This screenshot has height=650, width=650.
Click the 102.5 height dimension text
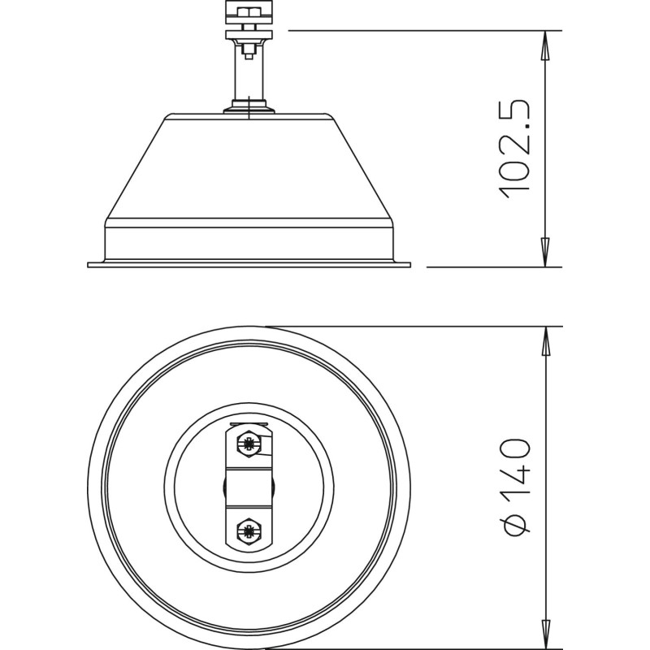click(515, 149)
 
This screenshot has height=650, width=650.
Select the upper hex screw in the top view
click(249, 444)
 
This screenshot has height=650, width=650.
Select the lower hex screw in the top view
click(249, 531)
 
